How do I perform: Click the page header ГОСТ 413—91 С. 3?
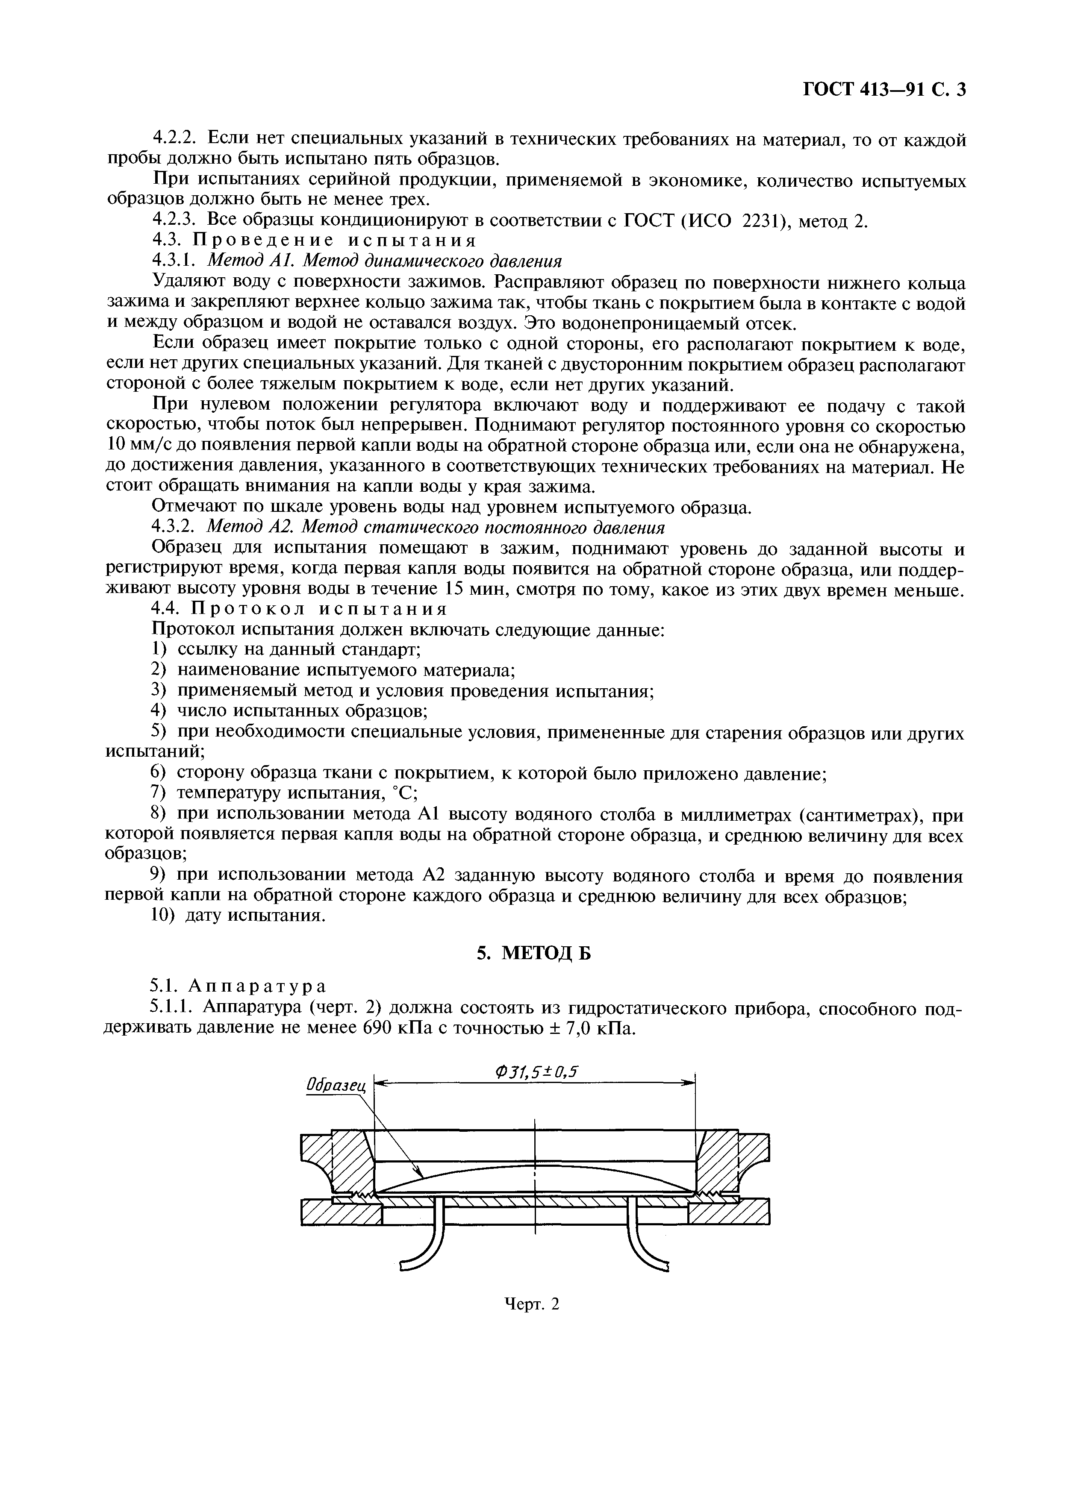pyautogui.click(x=884, y=89)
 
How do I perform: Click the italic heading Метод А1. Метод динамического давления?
pyautogui.click(x=385, y=261)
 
